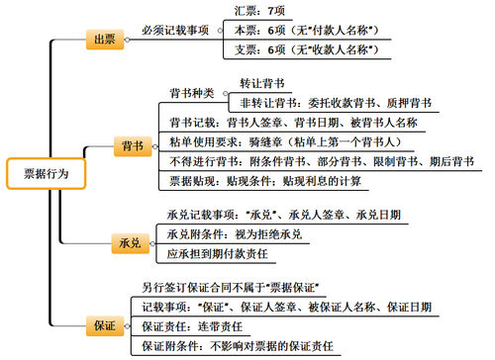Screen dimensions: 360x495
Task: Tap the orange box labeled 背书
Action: [130, 144]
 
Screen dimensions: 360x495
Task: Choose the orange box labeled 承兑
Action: [129, 242]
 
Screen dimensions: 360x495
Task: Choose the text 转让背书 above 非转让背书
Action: [262, 83]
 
